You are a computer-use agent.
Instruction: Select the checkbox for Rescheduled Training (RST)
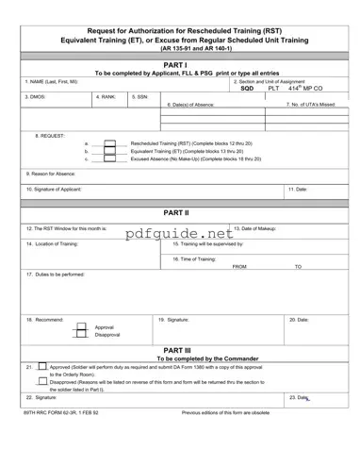[x=109, y=142]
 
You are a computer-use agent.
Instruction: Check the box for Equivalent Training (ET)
[x=109, y=151]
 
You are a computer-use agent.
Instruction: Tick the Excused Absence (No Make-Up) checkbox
[x=109, y=159]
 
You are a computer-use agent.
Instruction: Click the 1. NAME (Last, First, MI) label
[x=52, y=81]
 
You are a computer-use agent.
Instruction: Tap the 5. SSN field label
[x=139, y=96]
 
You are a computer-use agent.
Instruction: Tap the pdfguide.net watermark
[x=179, y=232]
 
